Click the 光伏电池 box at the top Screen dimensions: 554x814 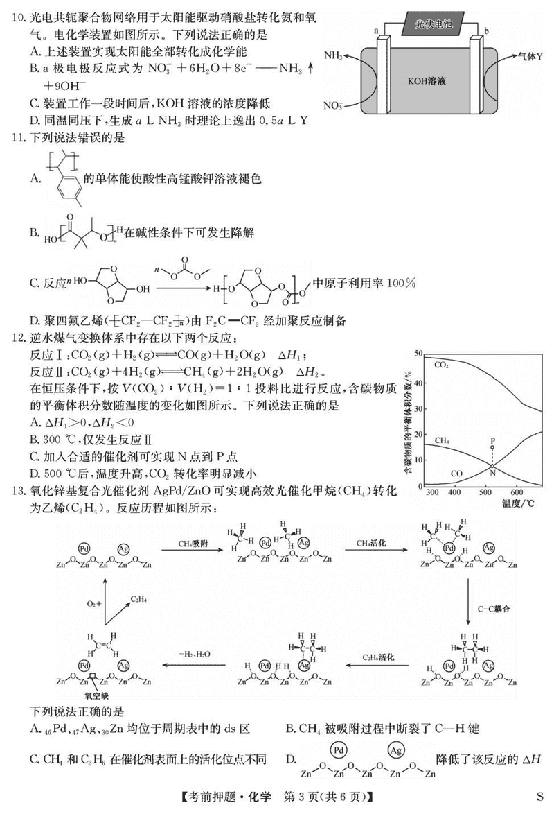433,24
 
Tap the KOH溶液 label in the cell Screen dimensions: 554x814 427,81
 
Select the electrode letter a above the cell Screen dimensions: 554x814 376,31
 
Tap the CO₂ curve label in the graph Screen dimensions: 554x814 441,365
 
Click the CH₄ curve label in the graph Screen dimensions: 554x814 441,440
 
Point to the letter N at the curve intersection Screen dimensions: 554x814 493,473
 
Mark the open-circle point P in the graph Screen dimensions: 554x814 492,447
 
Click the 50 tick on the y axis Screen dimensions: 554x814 418,353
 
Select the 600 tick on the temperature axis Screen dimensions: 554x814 517,492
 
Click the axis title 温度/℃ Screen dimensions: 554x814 518,503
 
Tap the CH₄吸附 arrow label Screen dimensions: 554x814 193,544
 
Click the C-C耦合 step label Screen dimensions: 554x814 494,609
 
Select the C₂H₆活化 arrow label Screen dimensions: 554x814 378,657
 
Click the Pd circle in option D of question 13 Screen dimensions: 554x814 339,750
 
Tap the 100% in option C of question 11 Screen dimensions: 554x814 402,284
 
